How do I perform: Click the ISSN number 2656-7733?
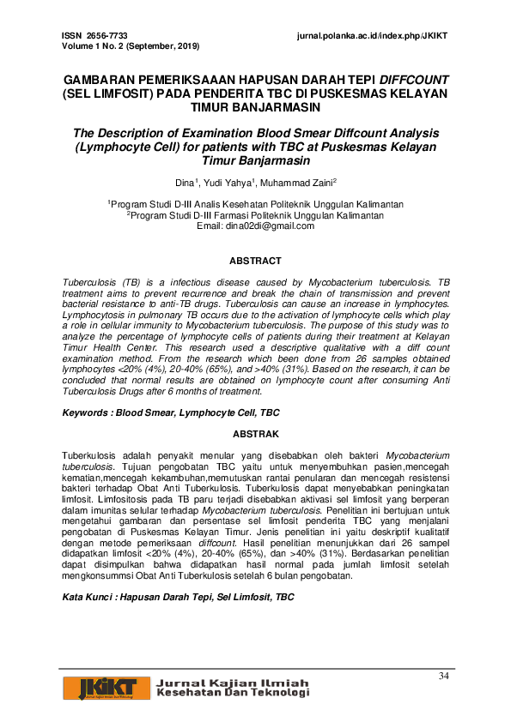pos(106,35)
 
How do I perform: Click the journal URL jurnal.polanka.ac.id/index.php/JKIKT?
pos(372,35)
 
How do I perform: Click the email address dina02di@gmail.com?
pos(268,226)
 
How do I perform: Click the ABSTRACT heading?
pos(255,261)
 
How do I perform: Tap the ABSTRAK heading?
pos(255,435)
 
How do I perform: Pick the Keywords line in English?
pos(171,412)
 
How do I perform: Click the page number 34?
pos(443,676)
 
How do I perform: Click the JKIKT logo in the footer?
pos(102,688)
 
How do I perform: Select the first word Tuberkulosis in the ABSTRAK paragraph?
pos(90,454)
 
